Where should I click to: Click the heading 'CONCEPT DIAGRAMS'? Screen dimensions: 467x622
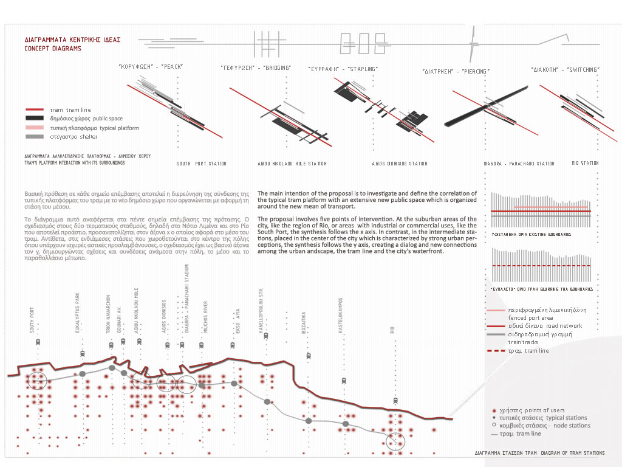[53, 48]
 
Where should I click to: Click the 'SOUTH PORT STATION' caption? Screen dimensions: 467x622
[201, 164]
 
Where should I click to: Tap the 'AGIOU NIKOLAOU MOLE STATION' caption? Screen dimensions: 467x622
[292, 164]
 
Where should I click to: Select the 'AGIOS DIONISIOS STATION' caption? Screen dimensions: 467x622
[400, 164]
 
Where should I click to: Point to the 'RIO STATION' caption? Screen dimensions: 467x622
[585, 163]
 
